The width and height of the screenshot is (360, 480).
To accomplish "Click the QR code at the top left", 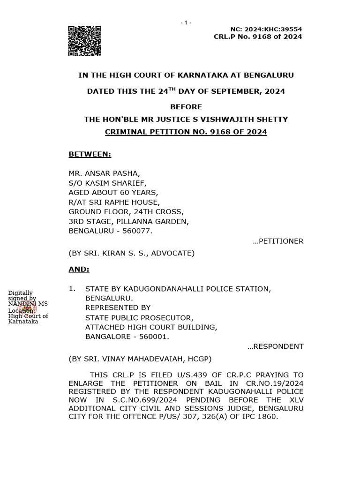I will pyautogui.click(x=85, y=41).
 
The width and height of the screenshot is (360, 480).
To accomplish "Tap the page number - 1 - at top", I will pyautogui.click(x=186, y=23).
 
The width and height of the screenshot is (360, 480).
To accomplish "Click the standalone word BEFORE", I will pyautogui.click(x=186, y=107).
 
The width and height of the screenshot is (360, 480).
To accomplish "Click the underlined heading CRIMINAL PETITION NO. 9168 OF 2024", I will pyautogui.click(x=186, y=132).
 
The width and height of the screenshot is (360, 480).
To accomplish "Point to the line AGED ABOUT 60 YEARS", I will pyautogui.click(x=113, y=193).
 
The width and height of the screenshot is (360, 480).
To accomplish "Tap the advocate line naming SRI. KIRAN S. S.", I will pyautogui.click(x=131, y=253).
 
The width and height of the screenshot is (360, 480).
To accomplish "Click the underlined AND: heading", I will pyautogui.click(x=79, y=270).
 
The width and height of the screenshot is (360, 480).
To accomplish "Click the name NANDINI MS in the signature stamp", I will pyautogui.click(x=28, y=304).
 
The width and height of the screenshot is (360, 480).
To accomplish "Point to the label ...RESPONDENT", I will pyautogui.click(x=275, y=346).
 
